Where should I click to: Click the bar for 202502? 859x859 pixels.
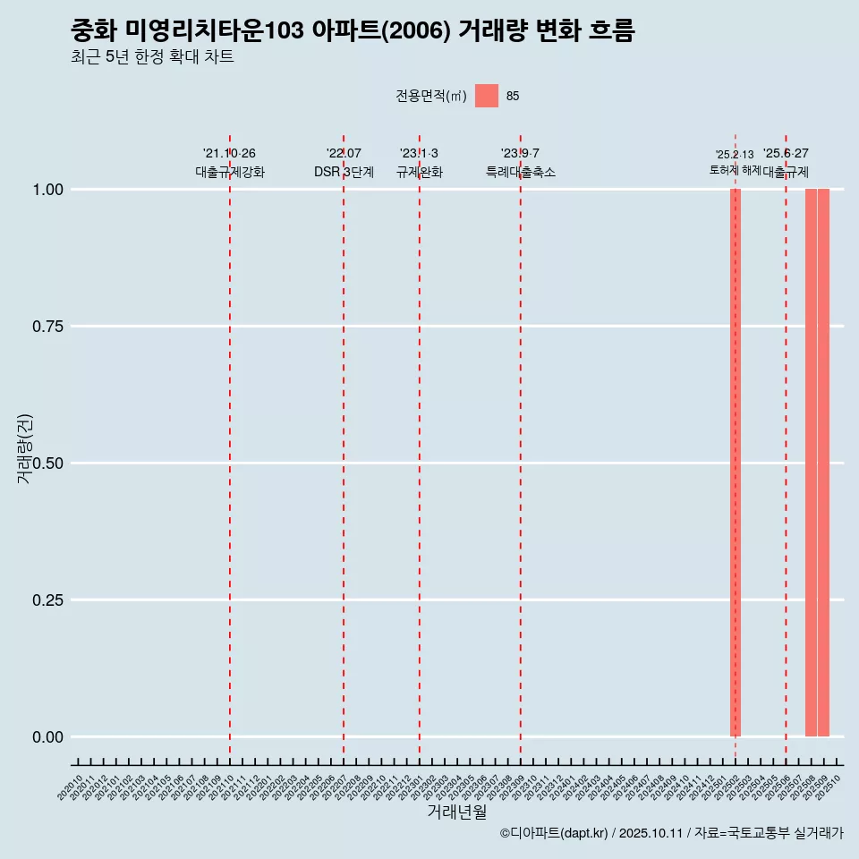736,463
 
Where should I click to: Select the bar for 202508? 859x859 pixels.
811,463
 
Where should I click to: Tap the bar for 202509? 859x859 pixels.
823,463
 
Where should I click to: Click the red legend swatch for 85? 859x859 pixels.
487,96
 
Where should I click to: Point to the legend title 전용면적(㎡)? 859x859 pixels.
431,97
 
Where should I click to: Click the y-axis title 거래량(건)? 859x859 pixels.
24,448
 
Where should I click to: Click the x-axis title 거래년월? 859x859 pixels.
457,812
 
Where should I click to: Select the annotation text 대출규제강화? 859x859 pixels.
230,172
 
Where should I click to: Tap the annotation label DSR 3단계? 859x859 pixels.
344,172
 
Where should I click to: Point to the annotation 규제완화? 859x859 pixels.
420,172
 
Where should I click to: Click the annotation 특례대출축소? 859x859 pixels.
521,172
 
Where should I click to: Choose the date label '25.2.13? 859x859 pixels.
735,154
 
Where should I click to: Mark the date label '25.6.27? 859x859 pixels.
786,153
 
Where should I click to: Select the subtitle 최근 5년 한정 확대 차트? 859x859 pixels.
152,57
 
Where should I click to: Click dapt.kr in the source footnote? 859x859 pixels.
585,833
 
